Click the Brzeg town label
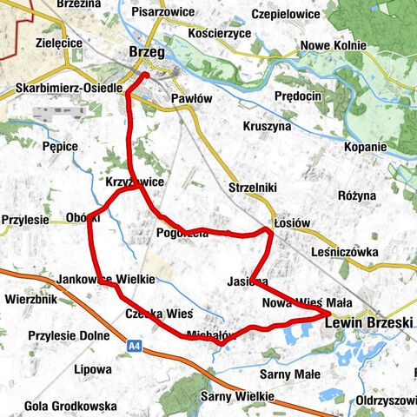tap(148, 51)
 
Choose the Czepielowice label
tap(287, 15)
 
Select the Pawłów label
tap(191, 99)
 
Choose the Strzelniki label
tap(252, 188)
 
